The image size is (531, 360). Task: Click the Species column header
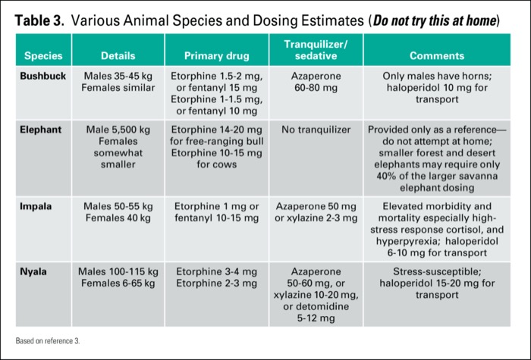click(x=42, y=55)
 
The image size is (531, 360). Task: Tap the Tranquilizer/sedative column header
click(x=316, y=50)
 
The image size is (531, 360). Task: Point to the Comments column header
click(x=437, y=55)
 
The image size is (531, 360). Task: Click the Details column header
click(x=117, y=55)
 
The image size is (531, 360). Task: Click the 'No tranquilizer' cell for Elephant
click(x=316, y=130)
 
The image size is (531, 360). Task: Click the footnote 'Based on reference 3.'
click(x=47, y=341)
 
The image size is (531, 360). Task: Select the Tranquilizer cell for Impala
click(x=316, y=212)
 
